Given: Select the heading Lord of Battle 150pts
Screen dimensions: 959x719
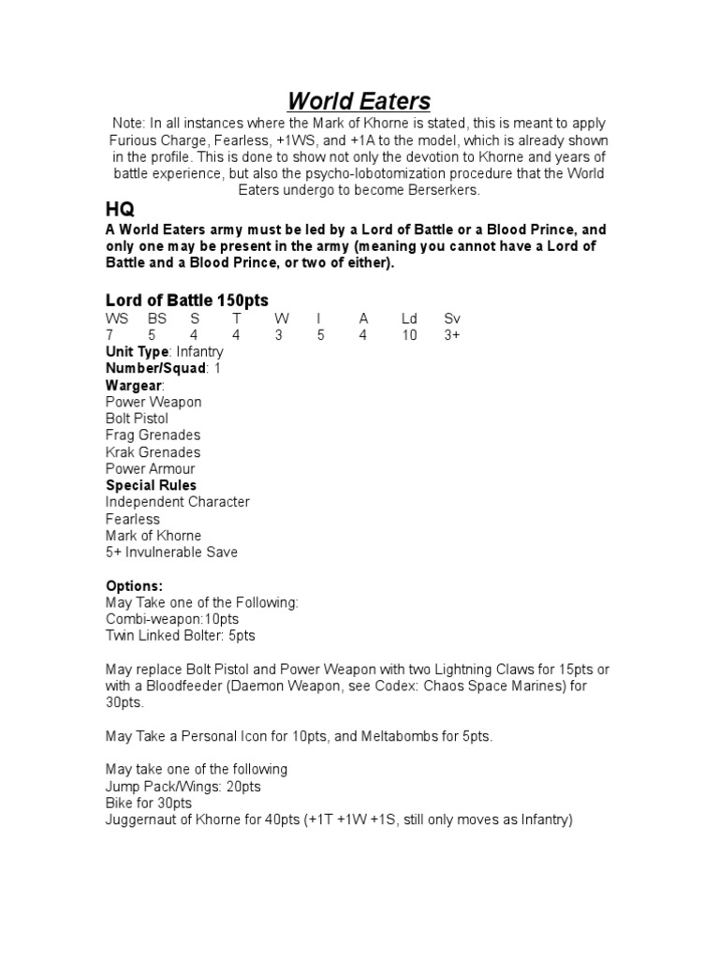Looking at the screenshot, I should click(x=186, y=301).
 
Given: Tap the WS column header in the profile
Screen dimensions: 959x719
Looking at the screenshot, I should click(x=116, y=318).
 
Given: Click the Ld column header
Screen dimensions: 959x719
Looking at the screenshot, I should click(x=408, y=318).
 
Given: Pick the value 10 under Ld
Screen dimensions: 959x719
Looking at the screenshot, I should click(x=409, y=335).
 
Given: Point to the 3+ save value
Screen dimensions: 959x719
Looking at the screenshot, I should click(x=452, y=335).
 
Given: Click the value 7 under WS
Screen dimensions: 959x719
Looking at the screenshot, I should click(x=110, y=335).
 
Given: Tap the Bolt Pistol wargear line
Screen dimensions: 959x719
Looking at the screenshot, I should click(x=137, y=419).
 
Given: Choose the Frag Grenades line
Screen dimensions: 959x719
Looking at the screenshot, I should click(x=153, y=435).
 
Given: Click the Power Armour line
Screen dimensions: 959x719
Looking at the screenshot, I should click(x=150, y=469).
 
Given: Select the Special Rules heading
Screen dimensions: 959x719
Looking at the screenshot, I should click(x=151, y=485).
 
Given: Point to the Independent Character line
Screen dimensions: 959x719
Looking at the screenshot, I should click(x=177, y=502).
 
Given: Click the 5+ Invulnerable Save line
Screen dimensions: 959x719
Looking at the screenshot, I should click(x=171, y=553).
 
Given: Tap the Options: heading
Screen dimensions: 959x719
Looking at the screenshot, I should click(x=134, y=586).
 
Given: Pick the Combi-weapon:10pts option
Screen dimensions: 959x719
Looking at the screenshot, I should click(x=173, y=619).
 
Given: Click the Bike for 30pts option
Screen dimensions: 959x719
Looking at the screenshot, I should click(x=149, y=804).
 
